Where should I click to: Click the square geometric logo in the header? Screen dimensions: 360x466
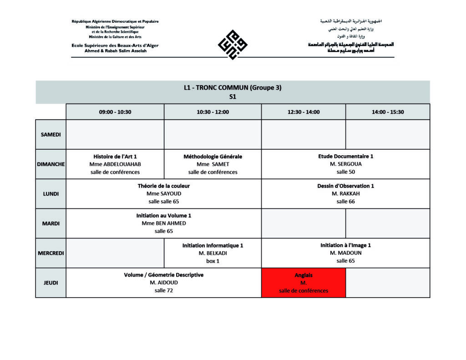tap(233, 45)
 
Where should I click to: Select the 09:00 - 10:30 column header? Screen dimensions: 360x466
tap(115, 112)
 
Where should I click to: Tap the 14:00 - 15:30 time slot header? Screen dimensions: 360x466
tap(388, 112)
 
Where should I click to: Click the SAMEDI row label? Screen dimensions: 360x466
tap(51, 135)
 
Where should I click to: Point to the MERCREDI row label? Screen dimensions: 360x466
tap(51, 253)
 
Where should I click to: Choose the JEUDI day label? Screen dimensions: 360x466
tap(51, 283)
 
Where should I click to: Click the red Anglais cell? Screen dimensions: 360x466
tap(304, 283)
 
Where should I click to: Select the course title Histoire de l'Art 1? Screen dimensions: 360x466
tap(115, 156)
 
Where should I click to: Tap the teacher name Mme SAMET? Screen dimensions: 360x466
tap(213, 164)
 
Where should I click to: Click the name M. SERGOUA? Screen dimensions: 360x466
tap(345, 164)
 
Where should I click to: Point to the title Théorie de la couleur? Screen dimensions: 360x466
tap(164, 186)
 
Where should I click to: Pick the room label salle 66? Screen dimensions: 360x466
tap(345, 201)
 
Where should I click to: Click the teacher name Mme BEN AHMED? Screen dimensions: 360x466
tap(164, 223)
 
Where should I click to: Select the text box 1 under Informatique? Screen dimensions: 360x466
tap(213, 261)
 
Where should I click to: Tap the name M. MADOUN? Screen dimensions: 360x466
tap(345, 253)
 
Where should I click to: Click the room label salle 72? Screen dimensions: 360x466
tap(164, 290)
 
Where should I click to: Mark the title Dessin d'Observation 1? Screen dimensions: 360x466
tap(345, 186)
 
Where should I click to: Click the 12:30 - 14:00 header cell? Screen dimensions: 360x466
tap(304, 112)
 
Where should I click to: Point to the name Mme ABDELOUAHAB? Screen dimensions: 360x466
tap(115, 164)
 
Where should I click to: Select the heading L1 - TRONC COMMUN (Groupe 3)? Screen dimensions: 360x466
tap(233, 88)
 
